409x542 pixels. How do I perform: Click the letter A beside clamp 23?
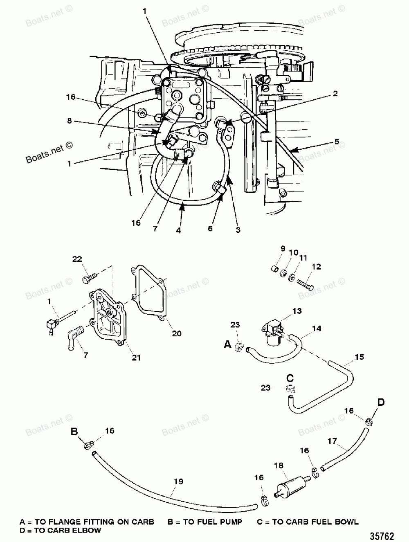[x=228, y=345]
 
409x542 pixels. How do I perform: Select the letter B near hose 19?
[x=74, y=432]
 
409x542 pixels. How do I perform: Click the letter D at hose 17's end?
[x=381, y=403]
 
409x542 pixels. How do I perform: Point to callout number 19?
[x=178, y=481]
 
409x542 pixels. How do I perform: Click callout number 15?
[x=359, y=357]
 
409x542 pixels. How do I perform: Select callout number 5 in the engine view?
[x=337, y=142]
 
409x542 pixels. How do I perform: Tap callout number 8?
[x=69, y=121]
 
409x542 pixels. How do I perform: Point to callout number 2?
[x=335, y=93]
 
